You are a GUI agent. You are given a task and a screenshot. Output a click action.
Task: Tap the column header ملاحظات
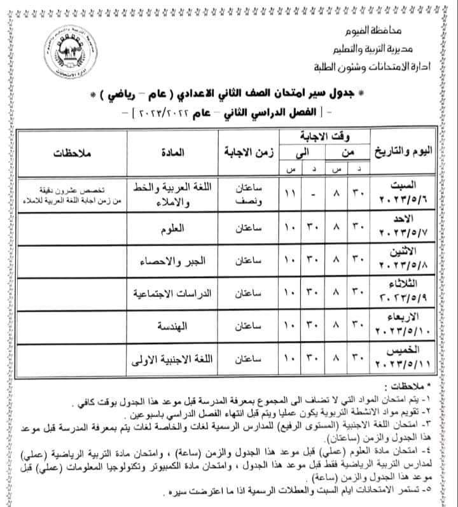tap(71, 154)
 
